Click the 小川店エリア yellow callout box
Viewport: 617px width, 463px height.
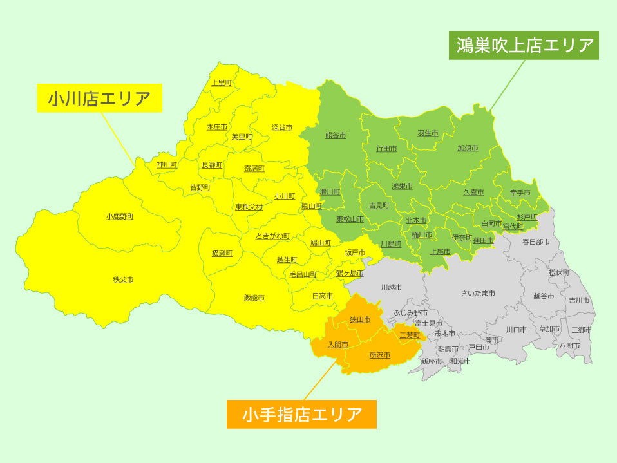(99, 99)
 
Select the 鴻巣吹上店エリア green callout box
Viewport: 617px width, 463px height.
(524, 46)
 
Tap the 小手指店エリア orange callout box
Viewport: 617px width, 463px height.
(301, 414)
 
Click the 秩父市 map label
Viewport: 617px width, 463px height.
(123, 279)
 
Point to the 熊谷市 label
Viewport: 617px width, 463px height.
(336, 135)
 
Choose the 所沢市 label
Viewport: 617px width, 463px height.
(379, 355)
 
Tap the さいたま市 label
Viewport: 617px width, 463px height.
(478, 293)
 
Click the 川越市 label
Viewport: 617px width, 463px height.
(391, 287)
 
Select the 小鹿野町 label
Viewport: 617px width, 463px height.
(120, 216)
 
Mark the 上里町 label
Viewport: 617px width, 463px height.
(221, 82)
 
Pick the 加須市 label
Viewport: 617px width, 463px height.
(468, 148)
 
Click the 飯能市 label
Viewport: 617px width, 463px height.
(254, 298)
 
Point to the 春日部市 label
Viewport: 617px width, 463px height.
(535, 242)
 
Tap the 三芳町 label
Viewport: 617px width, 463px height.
(410, 335)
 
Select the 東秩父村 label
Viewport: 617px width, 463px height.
(249, 207)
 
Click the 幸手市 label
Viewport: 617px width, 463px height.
(520, 193)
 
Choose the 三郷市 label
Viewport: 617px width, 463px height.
(582, 330)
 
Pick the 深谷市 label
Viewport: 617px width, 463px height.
(282, 128)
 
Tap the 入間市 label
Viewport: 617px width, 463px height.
(337, 345)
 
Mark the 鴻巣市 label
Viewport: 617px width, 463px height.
(402, 186)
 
